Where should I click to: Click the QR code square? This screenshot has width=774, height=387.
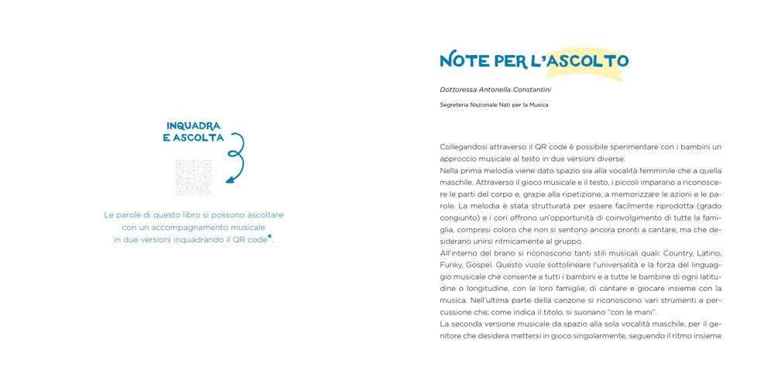(193, 177)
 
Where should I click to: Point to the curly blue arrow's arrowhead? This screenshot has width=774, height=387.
(228, 181)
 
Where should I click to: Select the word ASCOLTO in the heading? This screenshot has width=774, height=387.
(587, 60)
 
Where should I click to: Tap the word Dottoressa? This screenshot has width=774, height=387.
(460, 89)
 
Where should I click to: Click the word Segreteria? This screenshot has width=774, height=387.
(455, 105)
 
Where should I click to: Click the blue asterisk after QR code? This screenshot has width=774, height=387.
(270, 238)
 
